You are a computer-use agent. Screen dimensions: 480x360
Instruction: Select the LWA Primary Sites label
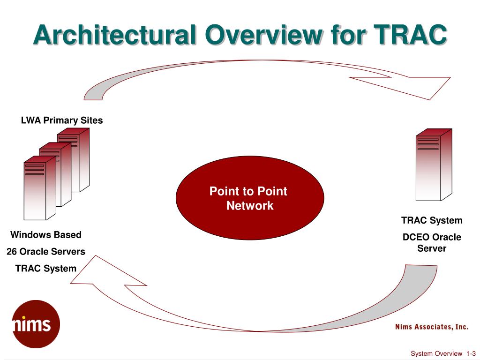[x=62, y=120]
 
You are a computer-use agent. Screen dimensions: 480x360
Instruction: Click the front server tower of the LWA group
[x=40, y=188]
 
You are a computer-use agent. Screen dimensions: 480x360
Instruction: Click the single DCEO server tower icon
[x=434, y=165]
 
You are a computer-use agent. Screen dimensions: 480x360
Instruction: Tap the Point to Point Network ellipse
[x=250, y=198]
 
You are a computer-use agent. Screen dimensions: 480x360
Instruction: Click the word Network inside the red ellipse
[x=250, y=205]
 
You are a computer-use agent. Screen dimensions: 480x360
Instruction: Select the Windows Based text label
[x=46, y=234]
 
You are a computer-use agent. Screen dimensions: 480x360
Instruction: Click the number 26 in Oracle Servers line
[x=12, y=251]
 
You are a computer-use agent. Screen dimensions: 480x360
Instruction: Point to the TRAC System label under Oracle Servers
[x=46, y=268]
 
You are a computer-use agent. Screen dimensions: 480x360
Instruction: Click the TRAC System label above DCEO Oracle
[x=432, y=220]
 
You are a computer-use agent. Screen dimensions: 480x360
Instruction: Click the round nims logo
[x=36, y=324]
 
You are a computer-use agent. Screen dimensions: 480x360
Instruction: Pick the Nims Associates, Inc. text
[x=432, y=327]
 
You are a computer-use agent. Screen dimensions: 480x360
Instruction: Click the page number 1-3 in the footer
[x=471, y=353]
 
